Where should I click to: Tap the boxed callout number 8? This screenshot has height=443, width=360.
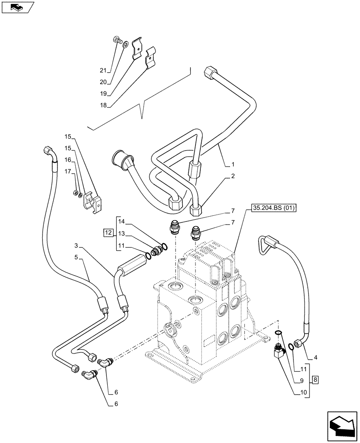coord(314,379)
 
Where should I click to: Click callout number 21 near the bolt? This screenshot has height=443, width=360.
coord(103,70)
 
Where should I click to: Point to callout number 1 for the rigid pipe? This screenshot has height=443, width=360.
coord(232,164)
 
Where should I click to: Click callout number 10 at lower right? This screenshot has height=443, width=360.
coord(303,392)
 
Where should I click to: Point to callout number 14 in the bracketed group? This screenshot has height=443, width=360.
coord(122,221)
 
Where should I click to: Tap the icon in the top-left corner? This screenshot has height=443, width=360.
coord(18,7)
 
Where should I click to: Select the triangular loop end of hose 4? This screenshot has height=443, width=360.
coord(265,245)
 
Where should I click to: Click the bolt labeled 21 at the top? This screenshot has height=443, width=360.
coord(119,41)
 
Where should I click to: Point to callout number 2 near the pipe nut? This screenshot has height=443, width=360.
coord(232,176)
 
